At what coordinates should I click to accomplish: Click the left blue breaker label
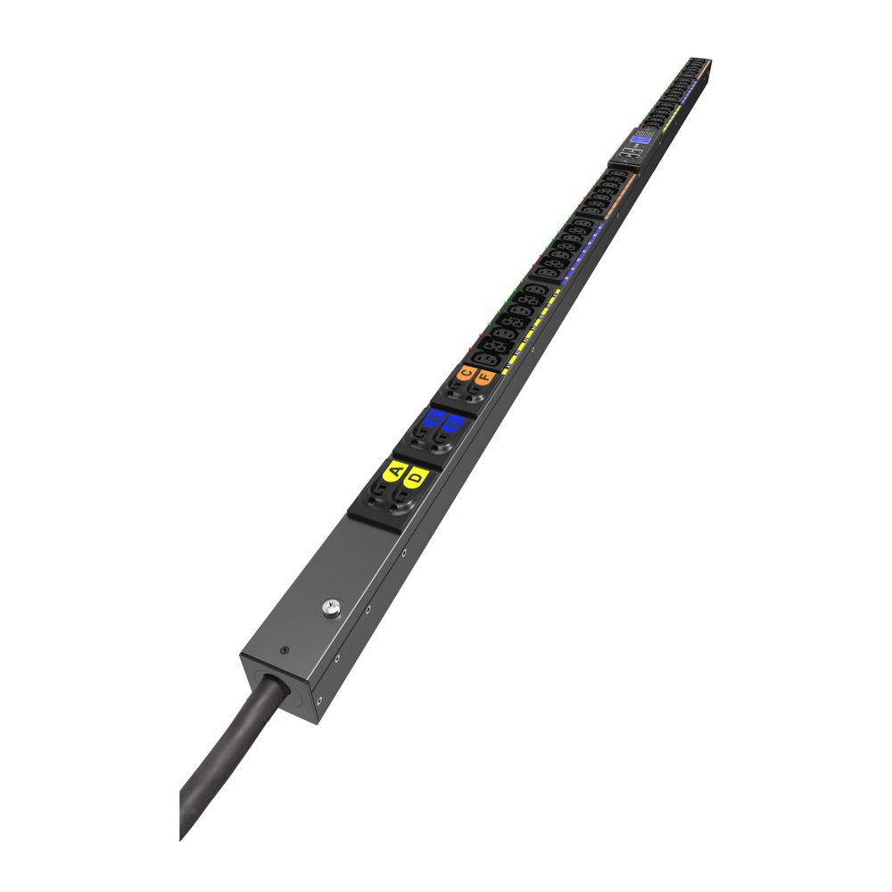tap(434, 417)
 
